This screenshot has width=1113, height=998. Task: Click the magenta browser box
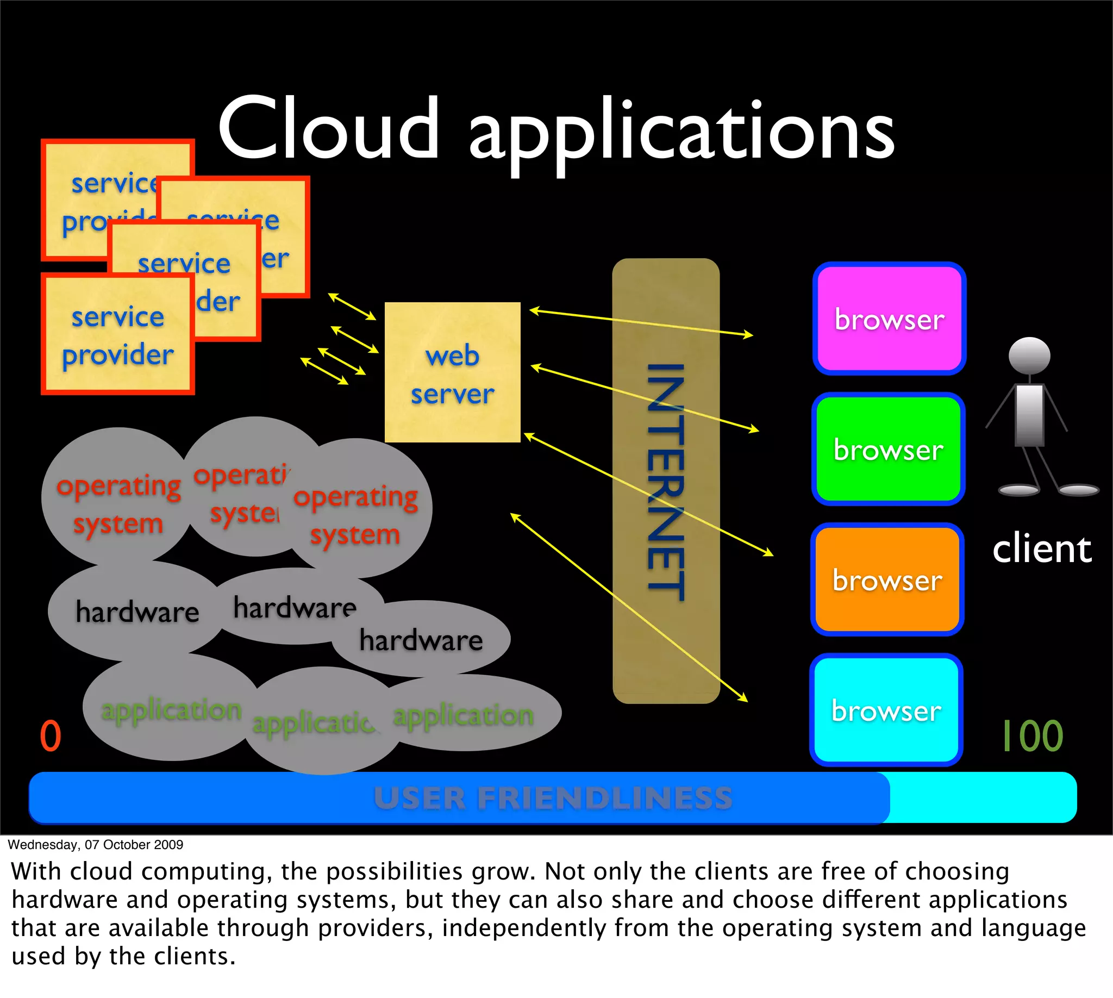(889, 319)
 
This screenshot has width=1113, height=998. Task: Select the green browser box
(887, 449)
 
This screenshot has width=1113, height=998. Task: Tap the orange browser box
(886, 579)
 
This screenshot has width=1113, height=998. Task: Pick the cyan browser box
(885, 709)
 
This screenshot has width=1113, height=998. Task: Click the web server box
(452, 372)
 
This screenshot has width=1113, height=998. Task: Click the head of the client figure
(1029, 355)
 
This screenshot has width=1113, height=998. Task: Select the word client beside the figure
(1042, 549)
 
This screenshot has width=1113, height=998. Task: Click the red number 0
(51, 736)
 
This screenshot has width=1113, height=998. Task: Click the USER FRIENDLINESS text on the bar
(553, 798)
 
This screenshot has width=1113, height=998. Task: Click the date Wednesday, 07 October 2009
(96, 845)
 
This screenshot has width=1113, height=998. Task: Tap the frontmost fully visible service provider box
(118, 334)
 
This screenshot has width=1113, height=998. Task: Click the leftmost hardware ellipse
(136, 611)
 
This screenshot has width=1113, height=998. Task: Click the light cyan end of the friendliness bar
(981, 797)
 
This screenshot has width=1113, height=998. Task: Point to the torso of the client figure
(1029, 414)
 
